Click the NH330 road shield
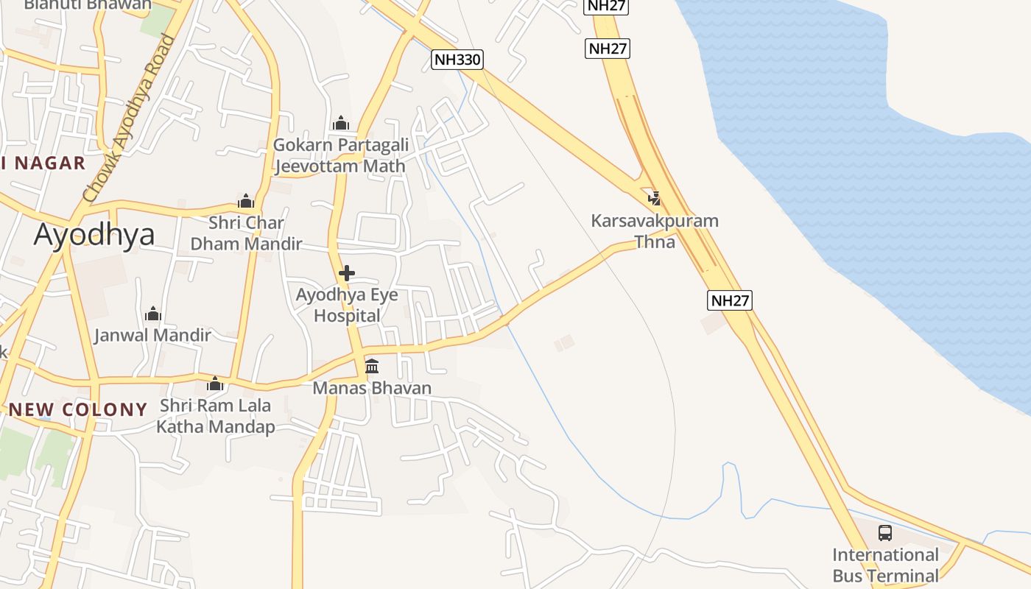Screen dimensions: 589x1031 pyautogui.click(x=457, y=60)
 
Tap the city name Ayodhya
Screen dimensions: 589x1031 pyautogui.click(x=94, y=235)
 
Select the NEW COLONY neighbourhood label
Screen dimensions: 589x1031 pyautogui.click(x=78, y=409)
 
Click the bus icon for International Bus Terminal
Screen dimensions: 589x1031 pyautogui.click(x=885, y=532)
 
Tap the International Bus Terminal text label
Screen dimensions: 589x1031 pyautogui.click(x=885, y=565)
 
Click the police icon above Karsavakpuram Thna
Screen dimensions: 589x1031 pyautogui.click(x=654, y=197)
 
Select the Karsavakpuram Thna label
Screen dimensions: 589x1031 pyautogui.click(x=655, y=230)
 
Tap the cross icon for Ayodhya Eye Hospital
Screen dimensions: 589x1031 pyautogui.click(x=346, y=273)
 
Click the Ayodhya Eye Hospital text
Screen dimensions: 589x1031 pyautogui.click(x=347, y=305)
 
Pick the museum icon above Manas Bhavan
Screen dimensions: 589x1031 pyautogui.click(x=372, y=366)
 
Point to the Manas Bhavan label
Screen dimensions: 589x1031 pyautogui.click(x=372, y=388)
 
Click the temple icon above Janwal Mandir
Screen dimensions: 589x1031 pyautogui.click(x=153, y=314)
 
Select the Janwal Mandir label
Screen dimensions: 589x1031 pyautogui.click(x=152, y=336)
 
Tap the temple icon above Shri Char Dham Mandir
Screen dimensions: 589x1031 pyautogui.click(x=246, y=201)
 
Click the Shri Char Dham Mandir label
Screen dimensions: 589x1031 pyautogui.click(x=246, y=233)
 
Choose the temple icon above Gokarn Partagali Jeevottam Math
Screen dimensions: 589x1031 pyautogui.click(x=340, y=123)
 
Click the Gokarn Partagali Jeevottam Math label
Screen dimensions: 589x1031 pyautogui.click(x=340, y=155)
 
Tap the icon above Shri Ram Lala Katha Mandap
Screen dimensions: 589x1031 pyautogui.click(x=215, y=384)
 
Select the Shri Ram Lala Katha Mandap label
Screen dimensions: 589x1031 pyautogui.click(x=215, y=416)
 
